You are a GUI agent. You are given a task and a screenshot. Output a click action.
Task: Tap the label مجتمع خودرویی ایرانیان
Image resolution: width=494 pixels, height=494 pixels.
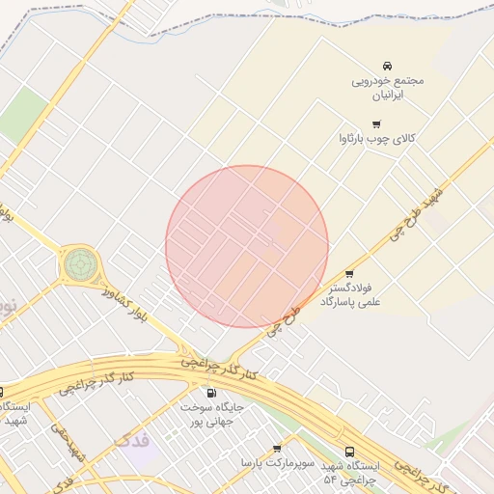[387, 88]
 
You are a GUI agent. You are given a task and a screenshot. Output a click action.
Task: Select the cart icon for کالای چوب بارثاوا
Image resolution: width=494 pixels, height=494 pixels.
[376, 123]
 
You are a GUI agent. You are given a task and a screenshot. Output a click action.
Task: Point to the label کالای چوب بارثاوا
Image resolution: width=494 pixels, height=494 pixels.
[376, 139]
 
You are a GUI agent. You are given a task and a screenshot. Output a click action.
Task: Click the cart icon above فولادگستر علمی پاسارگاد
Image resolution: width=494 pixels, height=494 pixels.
[349, 274]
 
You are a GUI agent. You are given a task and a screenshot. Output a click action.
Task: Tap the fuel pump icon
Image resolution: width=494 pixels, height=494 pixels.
[211, 393]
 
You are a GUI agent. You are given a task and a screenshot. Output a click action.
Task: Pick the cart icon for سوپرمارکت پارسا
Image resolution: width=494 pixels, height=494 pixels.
[277, 449]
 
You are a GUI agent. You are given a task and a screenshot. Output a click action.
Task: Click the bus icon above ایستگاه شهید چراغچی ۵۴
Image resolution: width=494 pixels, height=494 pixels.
[349, 451]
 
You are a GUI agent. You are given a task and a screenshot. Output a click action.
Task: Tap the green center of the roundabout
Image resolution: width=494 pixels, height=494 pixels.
[81, 261]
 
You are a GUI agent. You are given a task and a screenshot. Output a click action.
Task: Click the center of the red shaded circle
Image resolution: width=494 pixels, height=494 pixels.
[247, 246]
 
